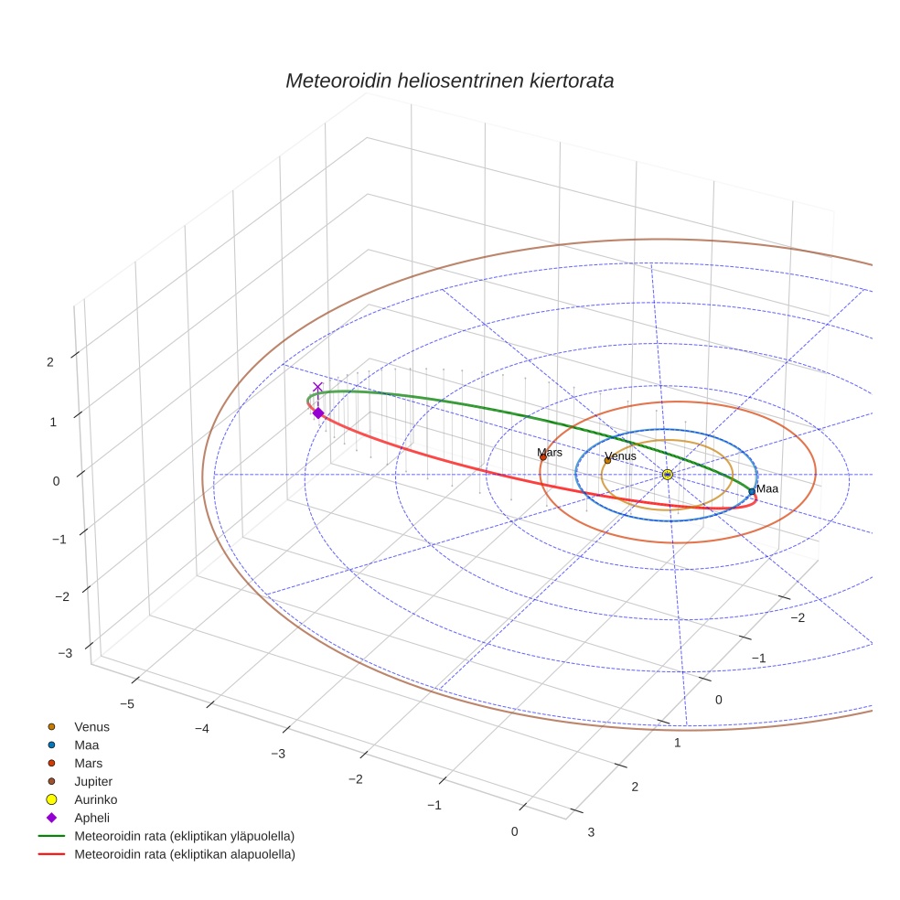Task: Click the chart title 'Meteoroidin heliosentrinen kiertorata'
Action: [x=449, y=80]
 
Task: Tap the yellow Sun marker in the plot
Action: [x=668, y=474]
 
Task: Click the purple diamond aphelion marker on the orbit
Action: [x=318, y=413]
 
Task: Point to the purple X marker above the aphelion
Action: [x=317, y=387]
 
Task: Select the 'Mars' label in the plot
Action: [x=550, y=453]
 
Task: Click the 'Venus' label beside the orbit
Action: [x=620, y=455]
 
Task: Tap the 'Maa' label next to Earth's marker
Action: [x=767, y=489]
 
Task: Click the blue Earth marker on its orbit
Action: [x=752, y=491]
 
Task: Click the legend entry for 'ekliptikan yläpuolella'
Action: [x=184, y=836]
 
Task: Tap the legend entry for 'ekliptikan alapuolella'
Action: [x=184, y=854]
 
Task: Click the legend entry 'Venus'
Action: [x=91, y=726]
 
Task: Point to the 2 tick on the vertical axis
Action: [x=49, y=361]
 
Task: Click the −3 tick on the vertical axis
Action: [x=65, y=653]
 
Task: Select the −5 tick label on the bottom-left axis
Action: [x=128, y=703]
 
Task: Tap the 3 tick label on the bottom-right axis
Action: [x=590, y=831]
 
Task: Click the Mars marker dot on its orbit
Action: [x=543, y=456]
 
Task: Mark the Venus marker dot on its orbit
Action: [x=607, y=460]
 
